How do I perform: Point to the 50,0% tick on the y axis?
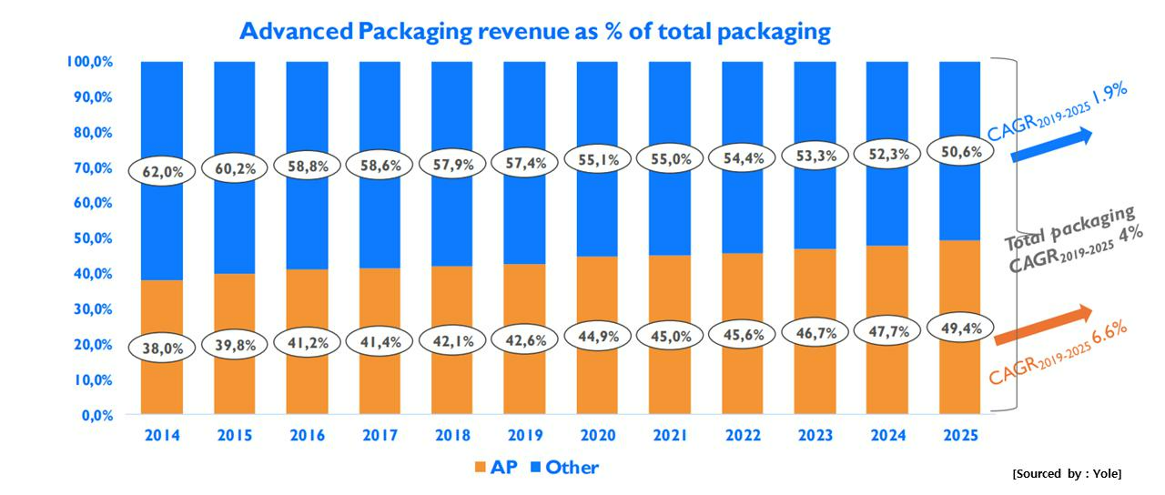91,238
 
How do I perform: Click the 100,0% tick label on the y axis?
88,62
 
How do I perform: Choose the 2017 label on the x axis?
380,436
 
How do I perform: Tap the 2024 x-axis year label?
887,436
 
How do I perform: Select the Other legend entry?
564,468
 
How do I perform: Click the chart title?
535,32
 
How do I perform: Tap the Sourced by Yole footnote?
1067,474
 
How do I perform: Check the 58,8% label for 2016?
307,167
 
